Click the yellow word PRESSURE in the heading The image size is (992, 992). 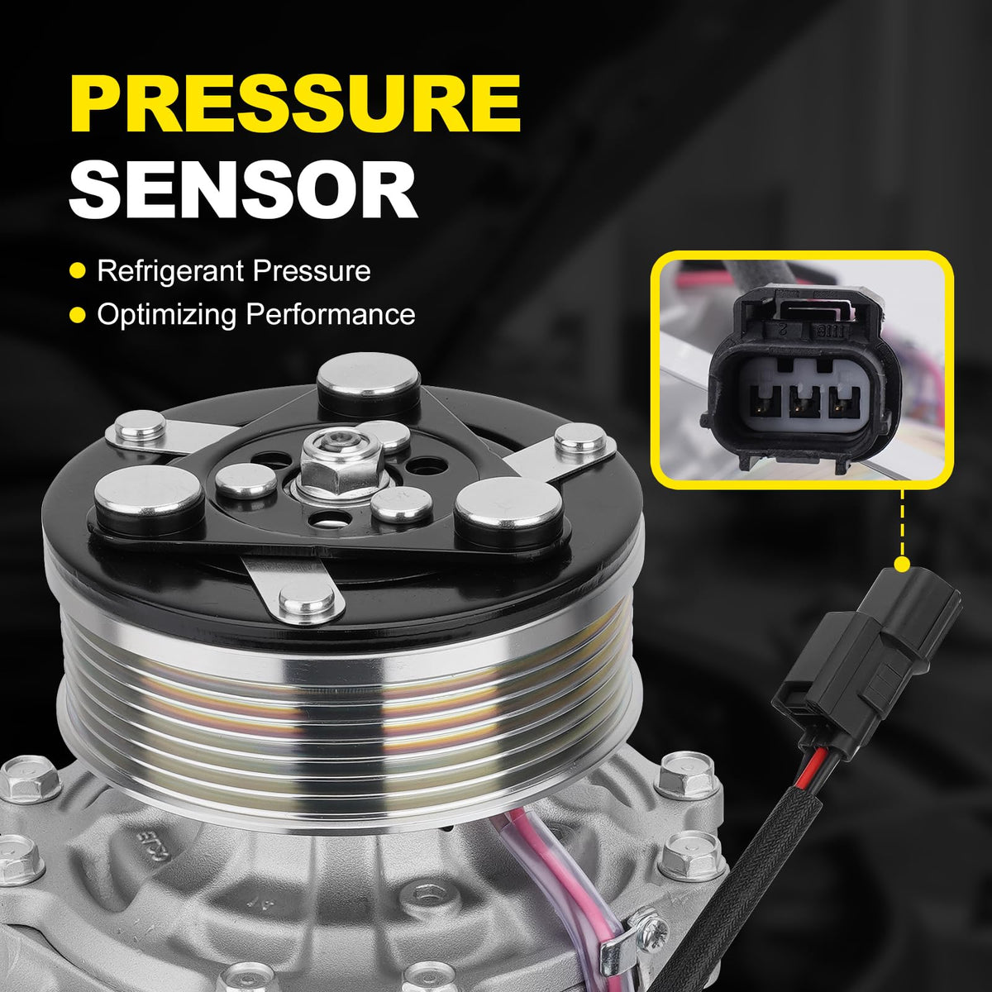[295, 105]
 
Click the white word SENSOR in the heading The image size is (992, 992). [243, 191]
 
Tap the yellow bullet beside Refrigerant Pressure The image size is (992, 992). [77, 271]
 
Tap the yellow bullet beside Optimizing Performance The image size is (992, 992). [77, 314]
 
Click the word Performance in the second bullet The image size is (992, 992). [331, 314]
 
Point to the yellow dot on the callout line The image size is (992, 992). [902, 565]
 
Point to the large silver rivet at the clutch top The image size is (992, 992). [368, 384]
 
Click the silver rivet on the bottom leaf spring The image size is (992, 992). [308, 599]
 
